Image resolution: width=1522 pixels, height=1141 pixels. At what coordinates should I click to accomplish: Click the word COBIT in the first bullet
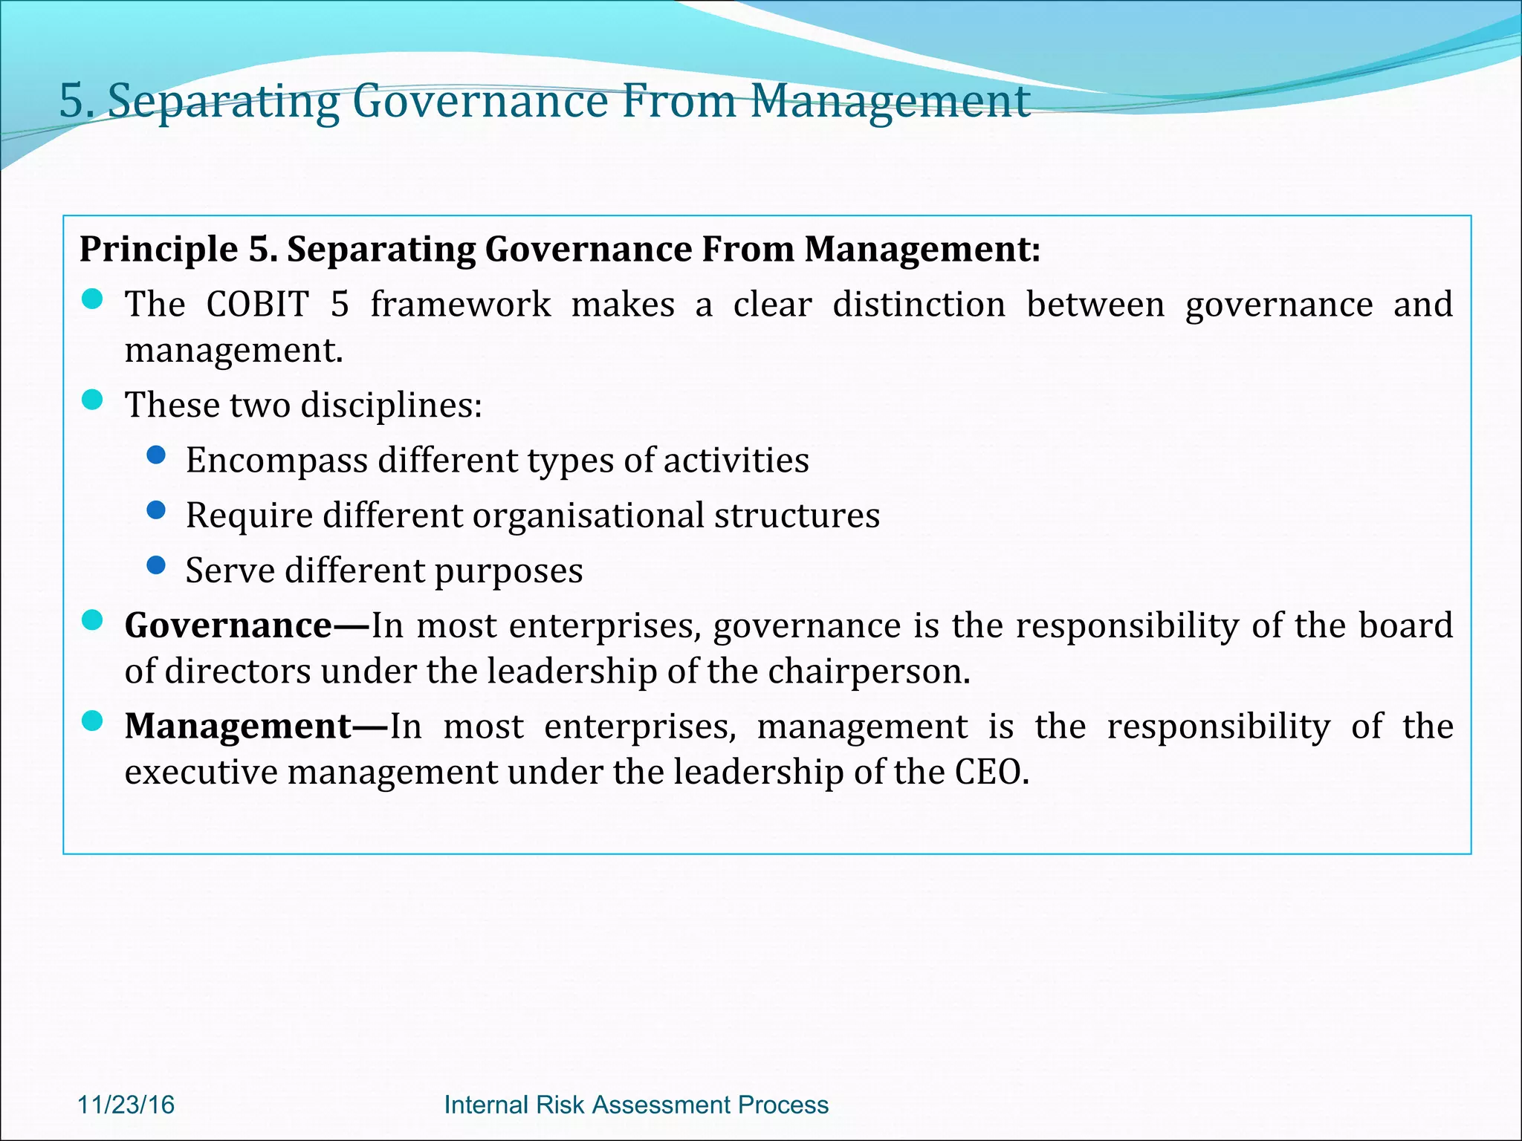point(257,304)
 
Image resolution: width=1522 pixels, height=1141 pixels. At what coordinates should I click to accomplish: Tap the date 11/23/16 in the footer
point(126,1105)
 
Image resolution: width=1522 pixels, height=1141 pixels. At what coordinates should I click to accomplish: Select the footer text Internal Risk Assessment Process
point(636,1105)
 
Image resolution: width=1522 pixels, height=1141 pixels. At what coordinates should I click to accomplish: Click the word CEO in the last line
point(991,772)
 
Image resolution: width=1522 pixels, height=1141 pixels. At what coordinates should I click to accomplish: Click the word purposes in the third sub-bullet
point(508,570)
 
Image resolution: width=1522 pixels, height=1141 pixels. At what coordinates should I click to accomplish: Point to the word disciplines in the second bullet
point(391,405)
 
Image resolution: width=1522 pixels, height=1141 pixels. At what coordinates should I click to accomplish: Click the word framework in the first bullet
point(461,304)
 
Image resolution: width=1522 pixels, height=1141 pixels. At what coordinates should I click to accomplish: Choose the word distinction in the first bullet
point(919,304)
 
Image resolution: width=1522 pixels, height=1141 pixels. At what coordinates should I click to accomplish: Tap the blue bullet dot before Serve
point(156,566)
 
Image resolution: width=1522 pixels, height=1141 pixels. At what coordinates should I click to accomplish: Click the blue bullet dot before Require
point(156,510)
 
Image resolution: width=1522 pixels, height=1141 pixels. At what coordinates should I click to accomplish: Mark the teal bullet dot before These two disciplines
point(92,400)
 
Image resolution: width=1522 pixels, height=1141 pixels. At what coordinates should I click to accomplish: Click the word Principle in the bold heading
point(158,249)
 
